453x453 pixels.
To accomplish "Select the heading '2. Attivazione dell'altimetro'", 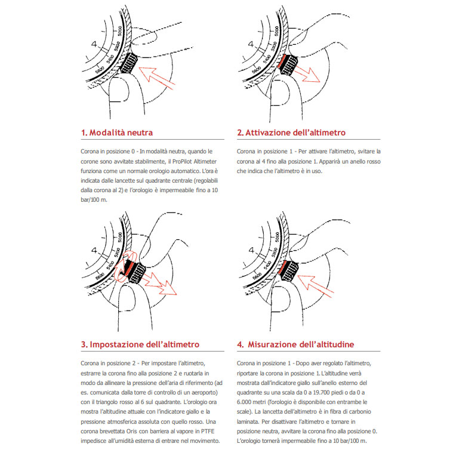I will click(291, 132).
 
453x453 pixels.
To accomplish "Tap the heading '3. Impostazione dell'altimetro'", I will click(140, 344).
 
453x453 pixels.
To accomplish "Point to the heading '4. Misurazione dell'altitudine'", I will click(295, 344).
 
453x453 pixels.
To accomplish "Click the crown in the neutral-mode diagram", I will click(128, 61).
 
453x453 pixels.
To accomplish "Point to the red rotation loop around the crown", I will click(128, 272).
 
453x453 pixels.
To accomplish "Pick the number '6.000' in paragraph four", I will click(245, 402).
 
